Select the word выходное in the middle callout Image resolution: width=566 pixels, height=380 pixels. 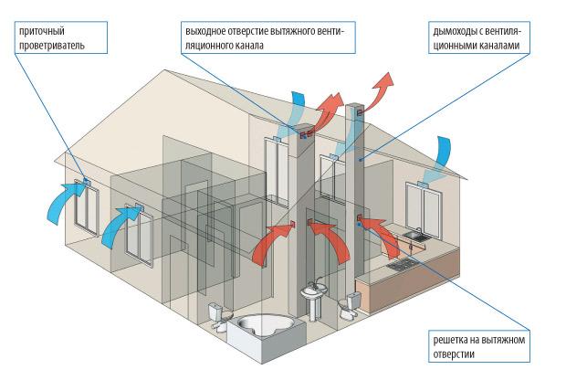[x=206, y=30]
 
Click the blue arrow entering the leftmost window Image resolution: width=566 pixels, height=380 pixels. [x=64, y=199]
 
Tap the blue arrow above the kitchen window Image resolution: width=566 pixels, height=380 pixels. [x=445, y=152]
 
